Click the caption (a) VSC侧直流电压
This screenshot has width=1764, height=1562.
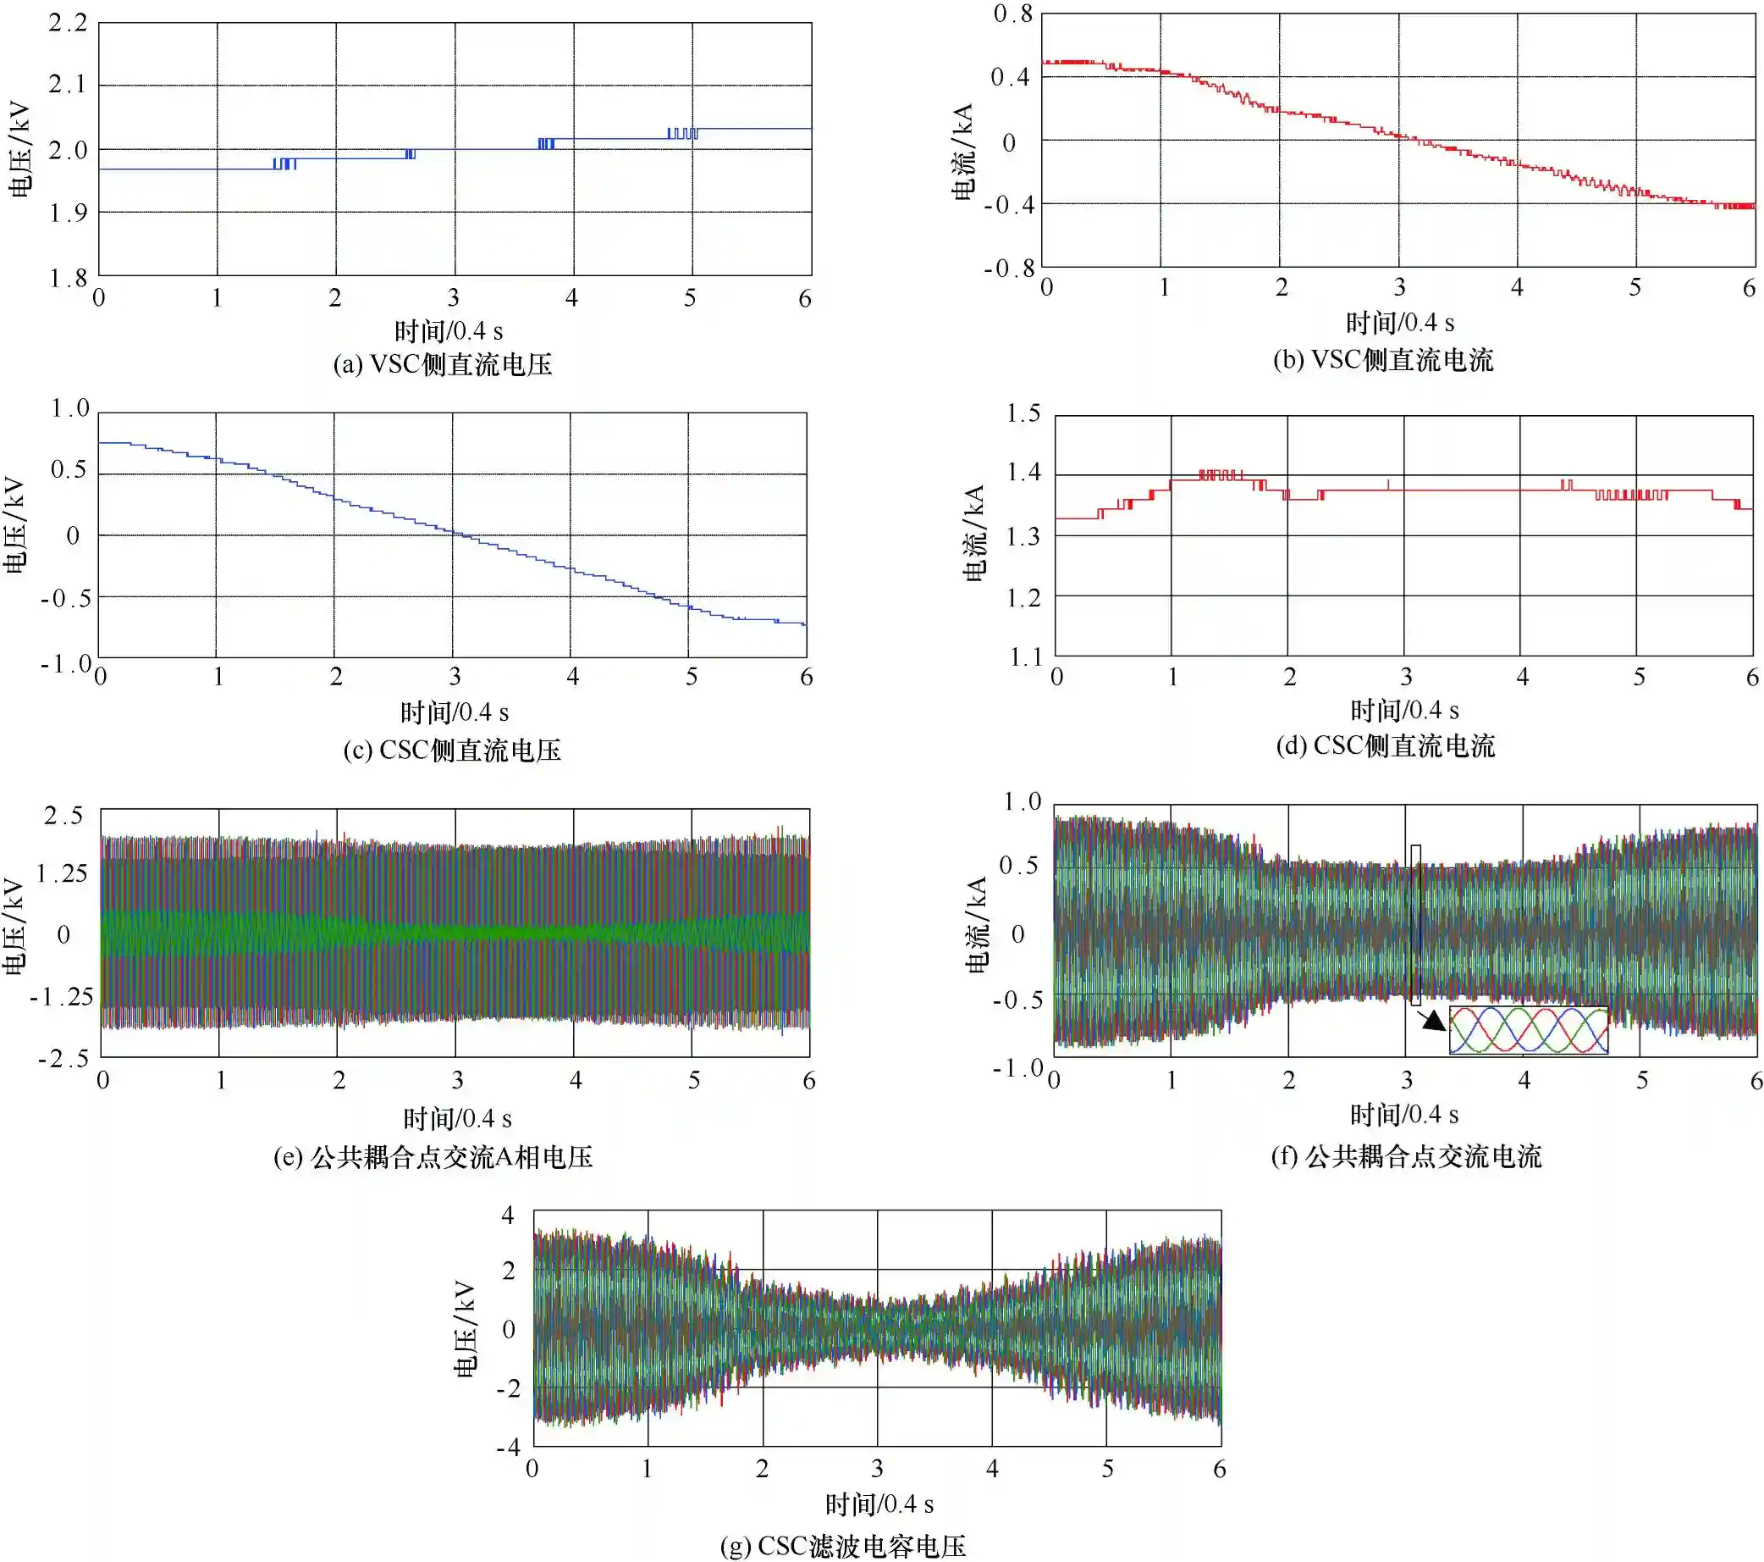(443, 364)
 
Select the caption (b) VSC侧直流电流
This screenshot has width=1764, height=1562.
(1382, 359)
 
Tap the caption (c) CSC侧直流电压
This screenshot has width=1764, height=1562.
(452, 750)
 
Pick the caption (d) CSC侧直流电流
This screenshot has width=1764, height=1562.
(1385, 745)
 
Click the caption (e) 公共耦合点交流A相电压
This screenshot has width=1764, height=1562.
(433, 1157)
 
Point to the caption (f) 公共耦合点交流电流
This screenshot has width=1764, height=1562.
(1406, 1156)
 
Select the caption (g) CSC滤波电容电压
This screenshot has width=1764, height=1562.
(843, 1546)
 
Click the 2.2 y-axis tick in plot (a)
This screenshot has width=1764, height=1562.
(68, 24)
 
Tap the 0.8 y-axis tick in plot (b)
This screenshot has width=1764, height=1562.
(1012, 14)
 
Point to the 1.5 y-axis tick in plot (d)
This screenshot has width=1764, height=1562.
(1023, 413)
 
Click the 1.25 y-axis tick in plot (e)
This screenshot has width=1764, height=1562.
(61, 873)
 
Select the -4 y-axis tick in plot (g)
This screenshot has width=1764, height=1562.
(509, 1446)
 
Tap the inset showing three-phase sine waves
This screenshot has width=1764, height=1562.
(1528, 1029)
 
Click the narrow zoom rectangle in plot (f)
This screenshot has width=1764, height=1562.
(1415, 924)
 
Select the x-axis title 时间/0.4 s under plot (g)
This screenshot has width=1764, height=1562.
(879, 1505)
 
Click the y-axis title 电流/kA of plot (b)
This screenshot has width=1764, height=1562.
(963, 152)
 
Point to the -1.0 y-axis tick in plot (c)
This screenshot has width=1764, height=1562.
(65, 664)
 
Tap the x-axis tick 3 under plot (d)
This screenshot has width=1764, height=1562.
(1406, 677)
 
